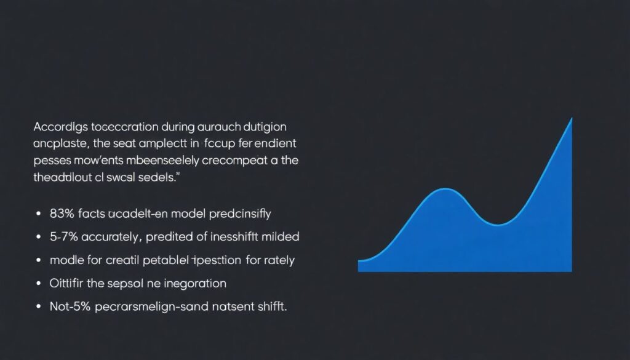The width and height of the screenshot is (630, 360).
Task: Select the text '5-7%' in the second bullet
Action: click(62, 237)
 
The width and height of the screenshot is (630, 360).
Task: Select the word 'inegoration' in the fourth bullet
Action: click(195, 284)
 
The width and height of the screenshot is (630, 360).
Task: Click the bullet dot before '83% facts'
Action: click(39, 214)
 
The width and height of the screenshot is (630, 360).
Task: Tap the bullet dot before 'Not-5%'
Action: click(39, 306)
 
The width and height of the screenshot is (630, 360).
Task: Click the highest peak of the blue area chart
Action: click(572, 118)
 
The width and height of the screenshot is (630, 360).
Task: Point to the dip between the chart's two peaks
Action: click(498, 223)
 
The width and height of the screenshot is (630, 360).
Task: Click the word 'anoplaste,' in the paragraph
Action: click(60, 144)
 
